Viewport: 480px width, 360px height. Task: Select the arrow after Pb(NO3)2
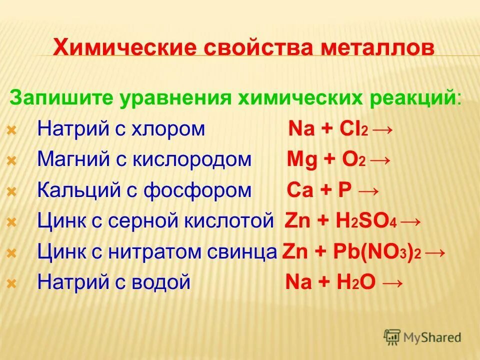point(436,251)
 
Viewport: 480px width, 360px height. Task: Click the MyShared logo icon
point(392,337)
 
